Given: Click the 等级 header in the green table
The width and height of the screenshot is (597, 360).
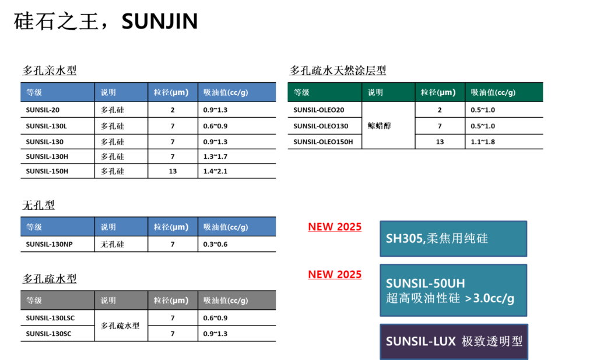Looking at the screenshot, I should [301, 92].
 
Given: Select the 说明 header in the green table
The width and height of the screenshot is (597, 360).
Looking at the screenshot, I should [375, 92].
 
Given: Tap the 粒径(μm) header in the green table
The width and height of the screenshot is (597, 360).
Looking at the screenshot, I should [438, 92].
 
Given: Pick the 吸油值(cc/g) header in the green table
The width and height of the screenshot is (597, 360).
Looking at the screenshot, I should [493, 92].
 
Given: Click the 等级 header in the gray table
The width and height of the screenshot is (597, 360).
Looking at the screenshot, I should [34, 300].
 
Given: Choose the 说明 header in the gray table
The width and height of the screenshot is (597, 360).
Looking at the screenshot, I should [108, 300].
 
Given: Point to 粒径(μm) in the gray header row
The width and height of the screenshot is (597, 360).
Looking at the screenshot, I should [171, 300].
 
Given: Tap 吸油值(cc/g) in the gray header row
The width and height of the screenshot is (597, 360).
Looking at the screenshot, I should [226, 300].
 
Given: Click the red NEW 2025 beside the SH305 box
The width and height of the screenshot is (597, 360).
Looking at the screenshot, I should [335, 227].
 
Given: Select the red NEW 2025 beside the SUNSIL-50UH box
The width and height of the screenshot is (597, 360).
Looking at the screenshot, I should [335, 274].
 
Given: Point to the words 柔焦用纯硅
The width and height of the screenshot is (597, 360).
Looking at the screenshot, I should [458, 239].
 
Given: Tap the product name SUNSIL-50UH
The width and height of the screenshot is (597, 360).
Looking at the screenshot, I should [426, 284].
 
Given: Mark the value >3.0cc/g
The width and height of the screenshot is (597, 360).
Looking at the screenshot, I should [490, 298].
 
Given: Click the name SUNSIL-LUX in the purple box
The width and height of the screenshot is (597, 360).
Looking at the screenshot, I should [421, 342].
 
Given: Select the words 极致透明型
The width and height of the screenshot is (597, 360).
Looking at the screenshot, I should [492, 342].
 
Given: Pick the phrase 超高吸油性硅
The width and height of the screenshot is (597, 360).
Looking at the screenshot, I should [423, 298].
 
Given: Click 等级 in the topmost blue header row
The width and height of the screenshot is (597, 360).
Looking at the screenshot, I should [34, 92].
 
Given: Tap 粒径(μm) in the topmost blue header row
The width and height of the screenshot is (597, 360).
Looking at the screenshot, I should [171, 92].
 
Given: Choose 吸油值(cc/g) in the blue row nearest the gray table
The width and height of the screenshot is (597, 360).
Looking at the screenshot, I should [226, 227].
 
